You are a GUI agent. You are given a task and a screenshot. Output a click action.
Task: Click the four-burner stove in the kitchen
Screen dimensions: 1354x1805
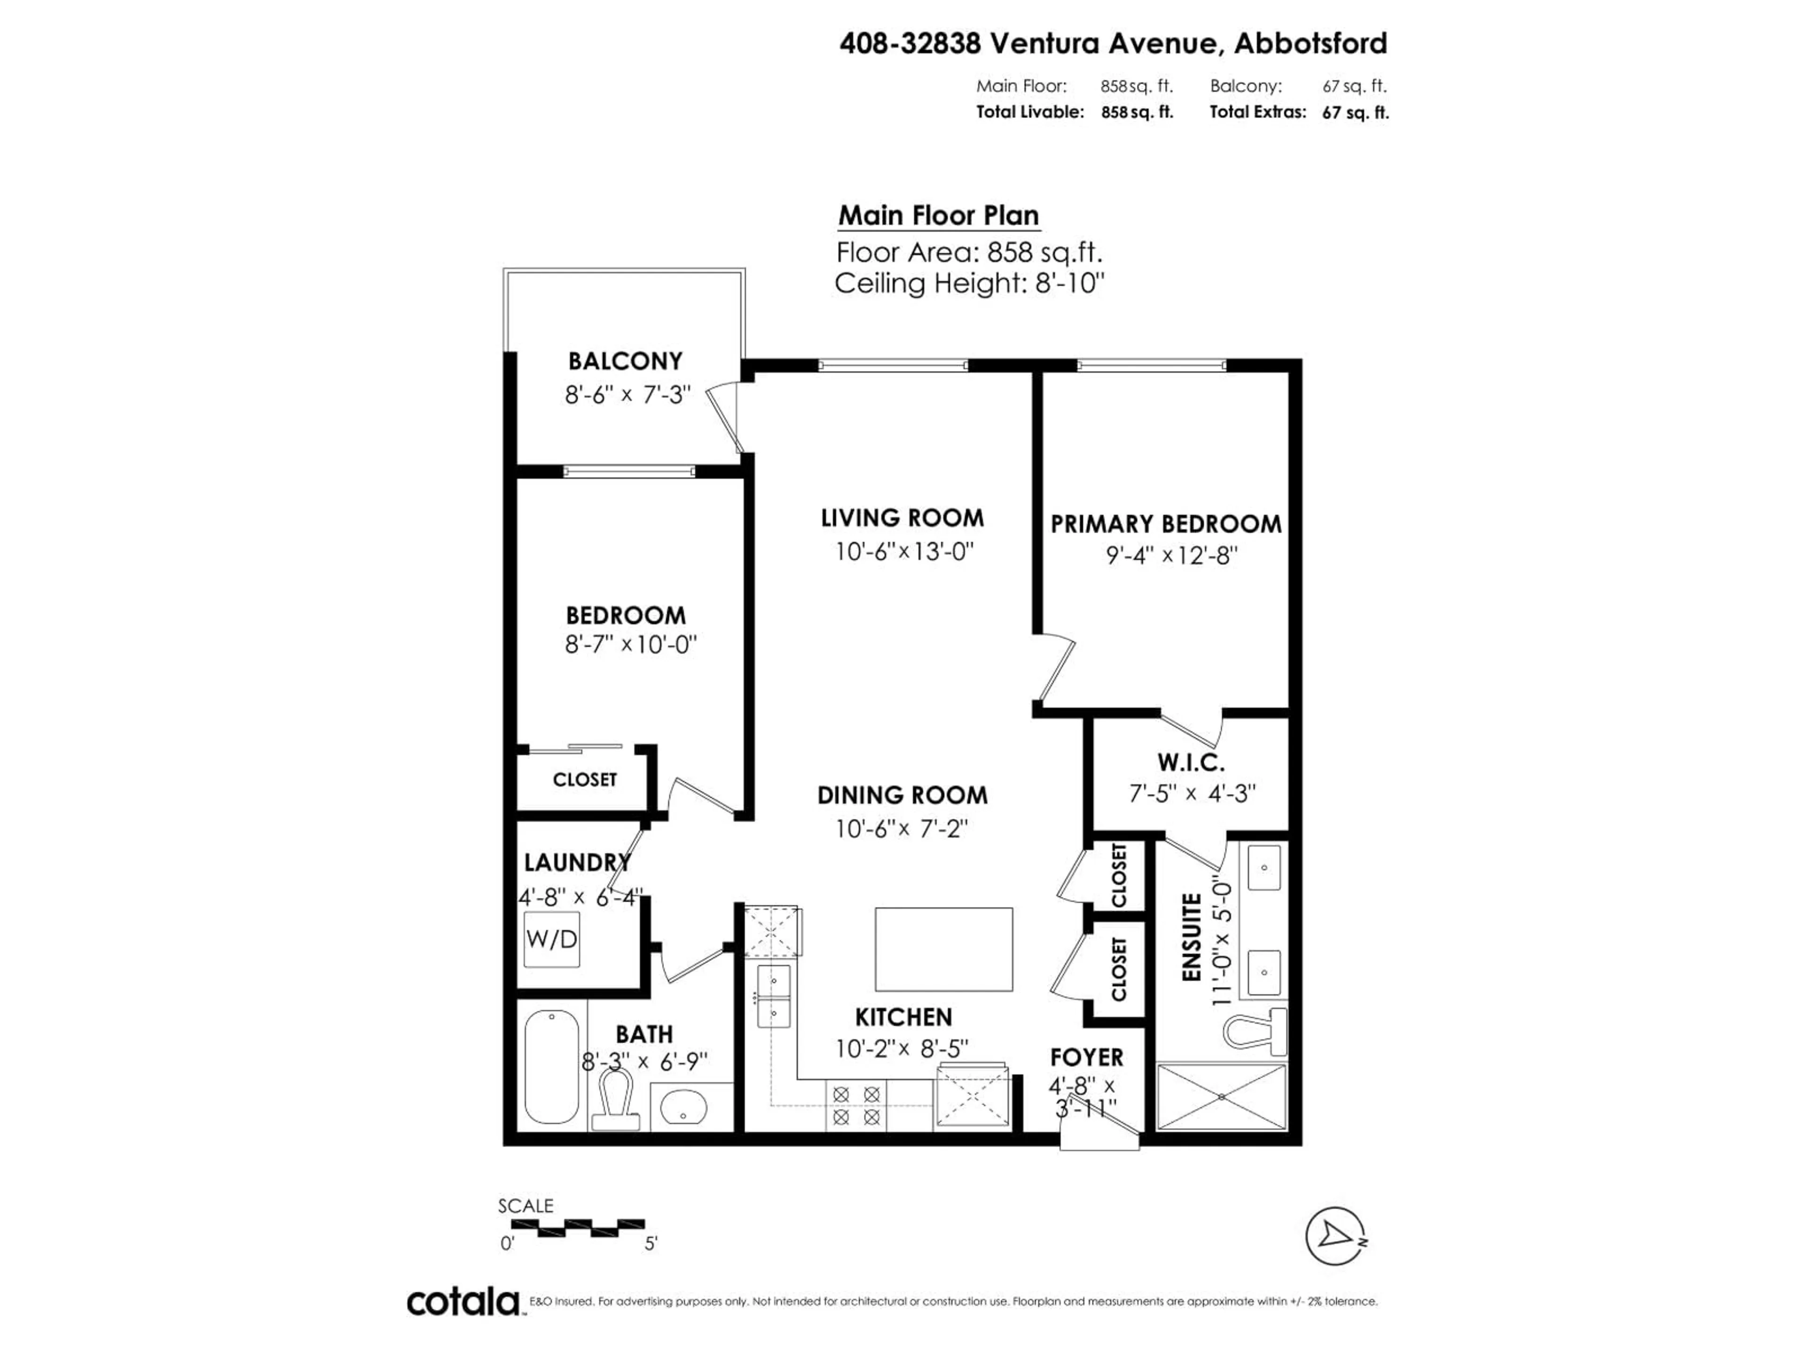tap(856, 1105)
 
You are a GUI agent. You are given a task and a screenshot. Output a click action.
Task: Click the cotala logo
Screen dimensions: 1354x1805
tap(463, 1302)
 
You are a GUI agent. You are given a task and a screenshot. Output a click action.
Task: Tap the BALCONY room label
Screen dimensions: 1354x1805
tap(625, 361)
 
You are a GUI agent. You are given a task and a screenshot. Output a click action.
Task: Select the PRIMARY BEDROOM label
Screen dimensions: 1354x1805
tap(1165, 524)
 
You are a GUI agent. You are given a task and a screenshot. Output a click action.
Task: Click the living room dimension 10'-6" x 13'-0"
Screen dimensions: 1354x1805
tap(903, 552)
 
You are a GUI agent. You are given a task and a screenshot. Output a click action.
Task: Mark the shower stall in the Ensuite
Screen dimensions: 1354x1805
tap(1222, 1096)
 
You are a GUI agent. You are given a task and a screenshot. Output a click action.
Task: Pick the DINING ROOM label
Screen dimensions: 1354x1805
tap(902, 795)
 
